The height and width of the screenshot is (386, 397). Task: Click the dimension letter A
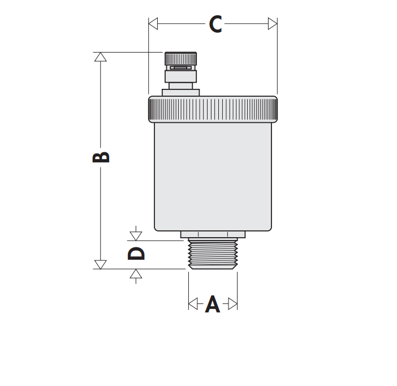click(x=212, y=304)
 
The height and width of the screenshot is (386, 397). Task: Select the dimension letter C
click(x=215, y=24)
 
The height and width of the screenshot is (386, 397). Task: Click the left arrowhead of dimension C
click(x=153, y=24)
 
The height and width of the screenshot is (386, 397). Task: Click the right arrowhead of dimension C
click(x=273, y=24)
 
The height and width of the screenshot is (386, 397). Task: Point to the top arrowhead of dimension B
click(x=100, y=57)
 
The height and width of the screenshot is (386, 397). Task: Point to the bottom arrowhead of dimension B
click(x=100, y=264)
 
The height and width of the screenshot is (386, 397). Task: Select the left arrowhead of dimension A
click(x=192, y=304)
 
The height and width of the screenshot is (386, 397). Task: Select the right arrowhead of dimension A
click(x=233, y=304)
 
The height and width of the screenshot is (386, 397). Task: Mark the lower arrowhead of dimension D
click(x=136, y=274)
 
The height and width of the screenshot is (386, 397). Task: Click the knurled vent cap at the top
click(x=180, y=58)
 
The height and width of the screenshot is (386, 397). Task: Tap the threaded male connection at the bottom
click(x=213, y=254)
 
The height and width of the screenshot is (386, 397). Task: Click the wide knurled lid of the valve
click(x=213, y=109)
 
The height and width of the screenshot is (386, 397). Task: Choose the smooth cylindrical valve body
click(x=213, y=175)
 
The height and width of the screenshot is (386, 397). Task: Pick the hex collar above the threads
click(x=213, y=234)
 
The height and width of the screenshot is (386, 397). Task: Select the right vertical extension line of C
click(x=277, y=62)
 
